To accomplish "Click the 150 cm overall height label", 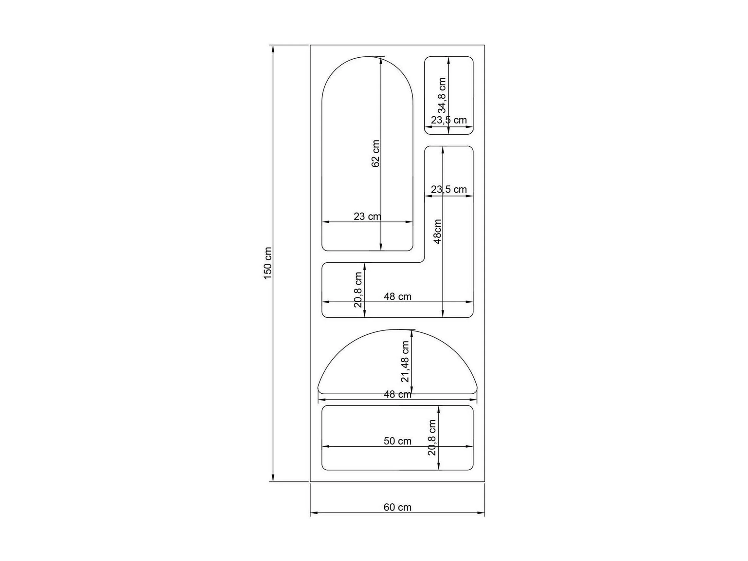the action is pyautogui.click(x=267, y=263).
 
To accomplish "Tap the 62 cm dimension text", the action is pyautogui.click(x=375, y=154).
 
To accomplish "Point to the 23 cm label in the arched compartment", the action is pyautogui.click(x=367, y=216).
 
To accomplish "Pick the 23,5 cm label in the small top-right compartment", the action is pyautogui.click(x=449, y=120).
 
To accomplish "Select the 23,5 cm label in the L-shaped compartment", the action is pyautogui.click(x=449, y=190).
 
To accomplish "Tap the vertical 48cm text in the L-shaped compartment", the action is pyautogui.click(x=438, y=232).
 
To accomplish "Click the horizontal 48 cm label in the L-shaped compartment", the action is pyautogui.click(x=397, y=297).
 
